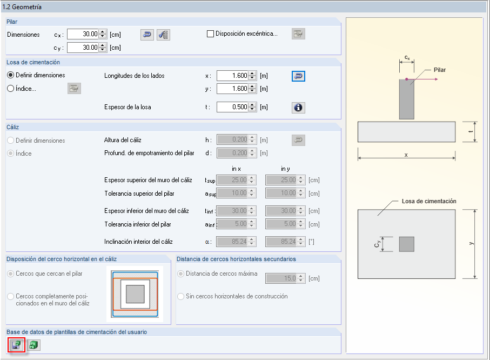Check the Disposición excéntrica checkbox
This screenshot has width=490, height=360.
[x=211, y=34]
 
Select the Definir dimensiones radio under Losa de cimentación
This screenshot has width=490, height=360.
[x=11, y=75]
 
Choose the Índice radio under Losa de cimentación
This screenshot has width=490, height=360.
[x=11, y=89]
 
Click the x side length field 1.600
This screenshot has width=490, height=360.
[x=232, y=76]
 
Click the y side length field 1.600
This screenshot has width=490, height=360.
[x=232, y=89]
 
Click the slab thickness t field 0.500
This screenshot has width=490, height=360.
[x=232, y=107]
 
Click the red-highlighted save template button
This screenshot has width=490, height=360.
[x=16, y=344]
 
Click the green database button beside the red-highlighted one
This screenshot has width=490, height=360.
[x=33, y=344]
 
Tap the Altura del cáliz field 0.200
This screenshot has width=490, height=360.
[x=232, y=140]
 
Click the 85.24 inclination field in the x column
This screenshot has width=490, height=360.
[x=232, y=242]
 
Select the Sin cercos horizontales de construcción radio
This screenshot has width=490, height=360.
[x=182, y=296]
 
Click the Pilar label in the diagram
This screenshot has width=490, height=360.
[x=440, y=70]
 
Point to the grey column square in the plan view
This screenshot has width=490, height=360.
[x=406, y=244]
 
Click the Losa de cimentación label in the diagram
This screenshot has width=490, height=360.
[x=429, y=201]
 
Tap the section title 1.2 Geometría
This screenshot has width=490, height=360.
[x=23, y=7]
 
